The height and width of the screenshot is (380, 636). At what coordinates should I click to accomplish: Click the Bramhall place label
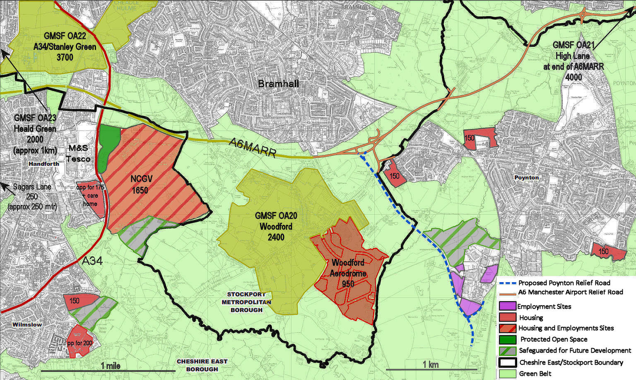click(x=278, y=84)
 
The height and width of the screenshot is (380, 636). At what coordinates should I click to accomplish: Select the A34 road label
click(x=92, y=261)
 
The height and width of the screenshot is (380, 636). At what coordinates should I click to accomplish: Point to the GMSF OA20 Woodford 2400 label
click(x=276, y=226)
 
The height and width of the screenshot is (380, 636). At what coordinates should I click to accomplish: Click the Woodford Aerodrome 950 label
click(x=348, y=274)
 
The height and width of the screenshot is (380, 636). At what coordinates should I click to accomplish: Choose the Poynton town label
click(x=526, y=177)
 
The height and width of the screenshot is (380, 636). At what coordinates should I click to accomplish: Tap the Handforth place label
click(x=44, y=164)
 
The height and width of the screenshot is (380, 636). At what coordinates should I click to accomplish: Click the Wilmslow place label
click(x=27, y=324)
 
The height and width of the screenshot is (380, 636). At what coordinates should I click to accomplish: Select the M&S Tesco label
click(x=79, y=153)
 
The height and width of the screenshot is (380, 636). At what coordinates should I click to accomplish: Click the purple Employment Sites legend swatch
click(x=507, y=306)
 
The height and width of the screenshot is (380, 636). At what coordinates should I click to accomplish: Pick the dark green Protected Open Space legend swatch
click(x=507, y=339)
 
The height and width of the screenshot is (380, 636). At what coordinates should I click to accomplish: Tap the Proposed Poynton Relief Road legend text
click(x=564, y=283)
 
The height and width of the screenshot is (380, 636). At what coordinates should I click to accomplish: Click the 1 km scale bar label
click(x=430, y=364)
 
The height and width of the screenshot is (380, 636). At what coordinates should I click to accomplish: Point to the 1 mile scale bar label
click(x=111, y=366)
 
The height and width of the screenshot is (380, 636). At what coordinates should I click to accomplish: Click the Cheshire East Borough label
click(x=202, y=365)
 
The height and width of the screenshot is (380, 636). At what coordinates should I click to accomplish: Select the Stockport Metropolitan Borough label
click(x=246, y=302)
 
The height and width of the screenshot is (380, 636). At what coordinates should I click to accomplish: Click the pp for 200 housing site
click(x=80, y=342)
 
